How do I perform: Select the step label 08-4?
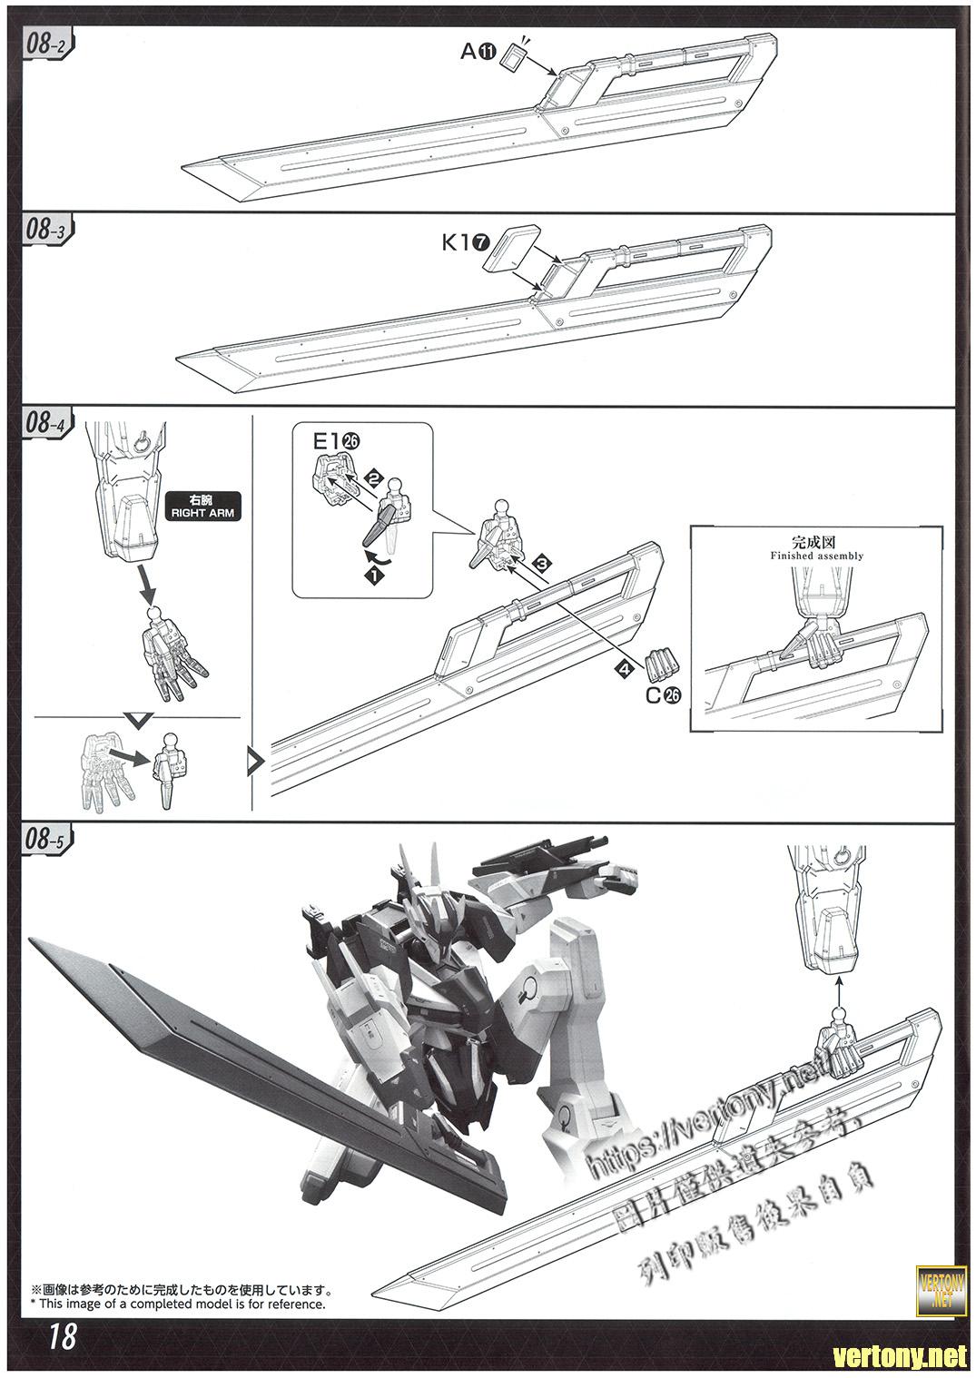(44, 422)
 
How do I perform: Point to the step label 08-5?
(43, 840)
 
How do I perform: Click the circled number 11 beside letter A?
(488, 52)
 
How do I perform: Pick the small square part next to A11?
(514, 58)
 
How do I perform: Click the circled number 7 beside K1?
(480, 242)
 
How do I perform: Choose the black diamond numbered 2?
(373, 476)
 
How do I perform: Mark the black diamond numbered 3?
(542, 564)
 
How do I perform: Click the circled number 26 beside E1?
(351, 441)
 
